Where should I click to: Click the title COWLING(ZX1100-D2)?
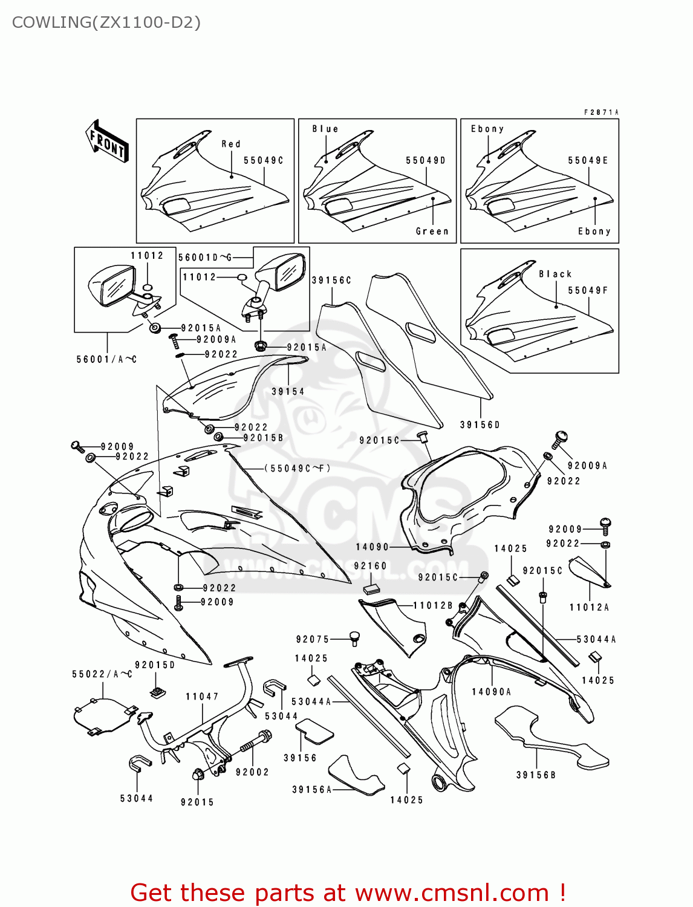click(106, 22)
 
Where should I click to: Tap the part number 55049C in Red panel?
click(263, 161)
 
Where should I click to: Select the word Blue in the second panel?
click(325, 129)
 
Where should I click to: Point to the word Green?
click(432, 232)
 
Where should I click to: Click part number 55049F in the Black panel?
click(587, 291)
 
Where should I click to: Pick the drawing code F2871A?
click(601, 112)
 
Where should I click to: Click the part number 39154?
click(288, 392)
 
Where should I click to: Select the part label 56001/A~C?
click(106, 360)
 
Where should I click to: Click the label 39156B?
click(536, 775)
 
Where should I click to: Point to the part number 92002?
click(252, 772)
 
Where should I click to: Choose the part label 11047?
click(202, 697)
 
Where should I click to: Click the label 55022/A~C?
click(102, 674)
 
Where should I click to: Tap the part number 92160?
click(370, 567)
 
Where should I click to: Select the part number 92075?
click(313, 640)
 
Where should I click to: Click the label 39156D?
click(480, 425)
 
